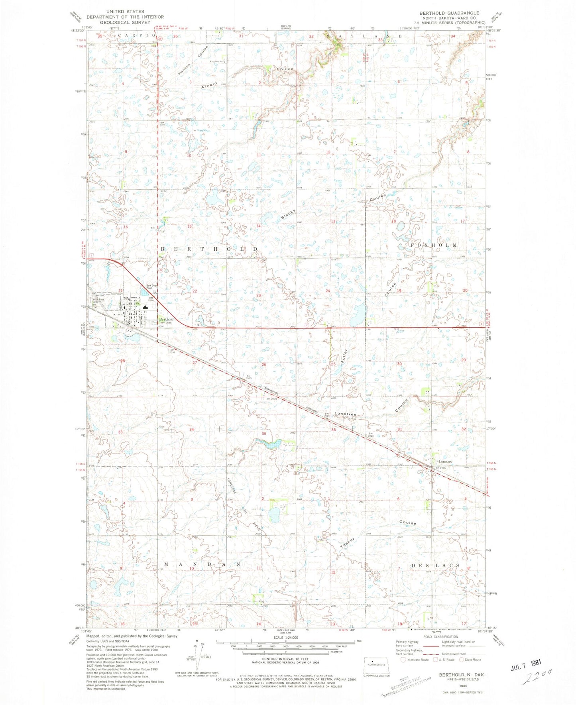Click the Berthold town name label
166,319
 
